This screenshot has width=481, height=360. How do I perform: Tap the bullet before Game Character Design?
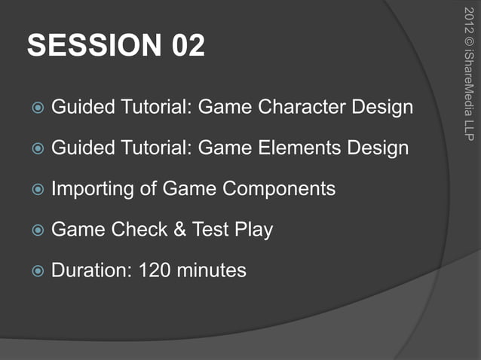pos(36,108)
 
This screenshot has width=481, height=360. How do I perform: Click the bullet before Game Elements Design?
pos(36,148)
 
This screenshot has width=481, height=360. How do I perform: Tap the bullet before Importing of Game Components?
pos(36,189)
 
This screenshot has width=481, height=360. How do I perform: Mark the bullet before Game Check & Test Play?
pos(36,230)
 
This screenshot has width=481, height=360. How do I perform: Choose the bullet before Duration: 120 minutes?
pos(36,270)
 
